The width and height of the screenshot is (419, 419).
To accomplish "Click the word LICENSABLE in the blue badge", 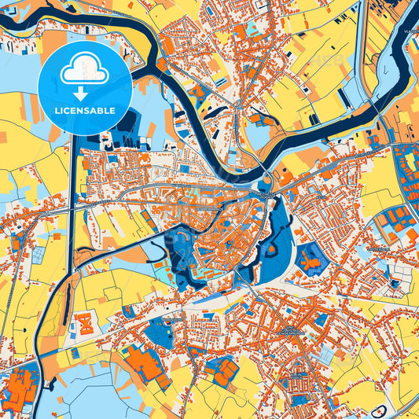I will (x=85, y=111).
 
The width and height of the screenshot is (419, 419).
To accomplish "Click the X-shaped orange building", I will (x=83, y=322).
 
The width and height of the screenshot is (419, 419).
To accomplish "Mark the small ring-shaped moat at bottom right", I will (x=380, y=410).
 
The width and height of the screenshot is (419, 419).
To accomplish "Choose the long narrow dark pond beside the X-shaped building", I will (x=63, y=314).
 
